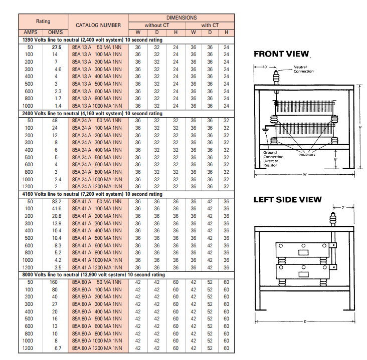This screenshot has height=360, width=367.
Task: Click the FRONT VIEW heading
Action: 281,54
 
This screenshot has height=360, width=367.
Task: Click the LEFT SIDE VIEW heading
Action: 287,200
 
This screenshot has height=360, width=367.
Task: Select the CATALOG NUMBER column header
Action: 98,25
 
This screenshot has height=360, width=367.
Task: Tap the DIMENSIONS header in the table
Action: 181,18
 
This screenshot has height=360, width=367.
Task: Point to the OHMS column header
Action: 55,33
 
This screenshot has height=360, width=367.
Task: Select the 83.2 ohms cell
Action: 57,201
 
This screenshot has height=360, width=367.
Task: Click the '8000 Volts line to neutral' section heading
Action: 93,275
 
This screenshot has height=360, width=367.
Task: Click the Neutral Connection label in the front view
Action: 303,69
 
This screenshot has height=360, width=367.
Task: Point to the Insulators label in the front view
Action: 306,154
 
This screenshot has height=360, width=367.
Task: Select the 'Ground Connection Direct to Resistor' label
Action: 273,159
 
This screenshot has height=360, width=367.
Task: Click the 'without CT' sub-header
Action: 157,25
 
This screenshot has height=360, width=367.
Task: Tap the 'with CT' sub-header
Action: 210,25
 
